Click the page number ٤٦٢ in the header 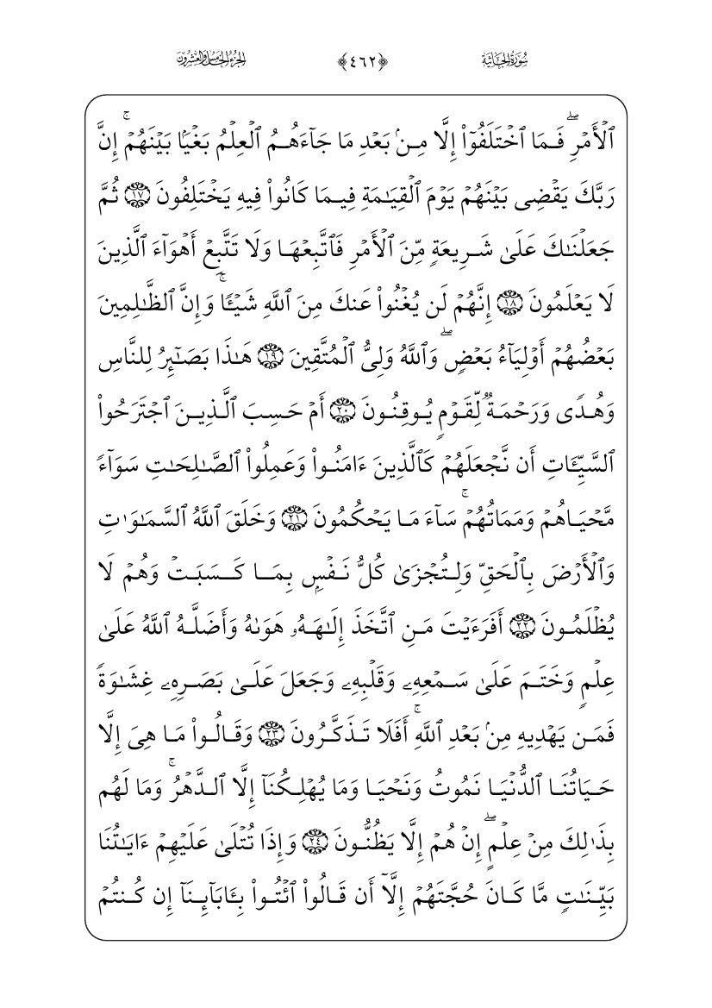(x=356, y=60)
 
